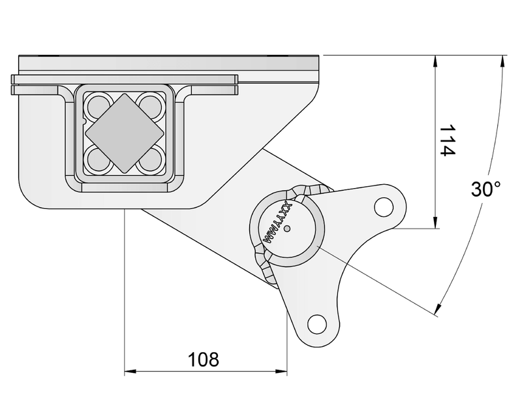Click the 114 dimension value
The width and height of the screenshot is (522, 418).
(446, 140)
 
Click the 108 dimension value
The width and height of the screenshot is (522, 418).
(204, 359)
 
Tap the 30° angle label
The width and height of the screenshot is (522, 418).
(485, 189)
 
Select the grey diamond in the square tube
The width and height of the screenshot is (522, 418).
(124, 133)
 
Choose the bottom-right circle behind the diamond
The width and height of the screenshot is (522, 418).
(151, 159)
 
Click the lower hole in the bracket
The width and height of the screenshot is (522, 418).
(316, 323)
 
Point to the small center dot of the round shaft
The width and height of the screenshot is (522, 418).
(292, 228)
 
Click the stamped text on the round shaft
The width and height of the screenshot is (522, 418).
(276, 223)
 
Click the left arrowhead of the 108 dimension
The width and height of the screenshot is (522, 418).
(129, 372)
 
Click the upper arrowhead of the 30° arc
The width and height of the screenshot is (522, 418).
(502, 61)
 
